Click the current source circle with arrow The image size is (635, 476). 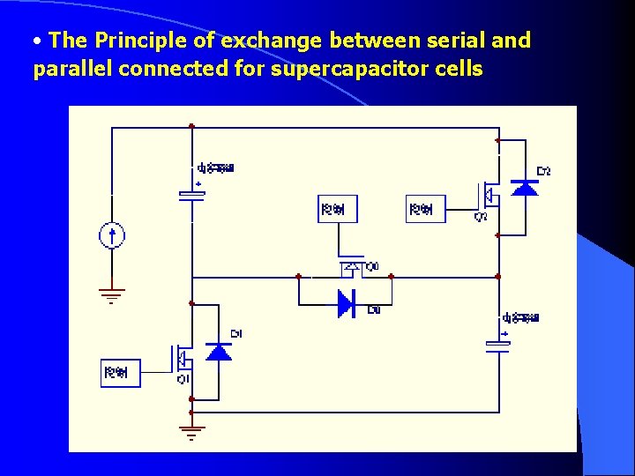click(x=112, y=236)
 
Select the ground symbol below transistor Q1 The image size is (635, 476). click(x=191, y=431)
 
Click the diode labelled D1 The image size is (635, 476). click(x=218, y=352)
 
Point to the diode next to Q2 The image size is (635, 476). click(x=525, y=187)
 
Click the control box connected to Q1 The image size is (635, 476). click(x=121, y=373)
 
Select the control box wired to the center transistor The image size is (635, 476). click(x=338, y=209)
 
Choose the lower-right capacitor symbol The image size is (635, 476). click(x=498, y=346)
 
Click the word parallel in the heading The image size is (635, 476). click(x=71, y=69)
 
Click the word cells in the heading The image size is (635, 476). click(x=452, y=69)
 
